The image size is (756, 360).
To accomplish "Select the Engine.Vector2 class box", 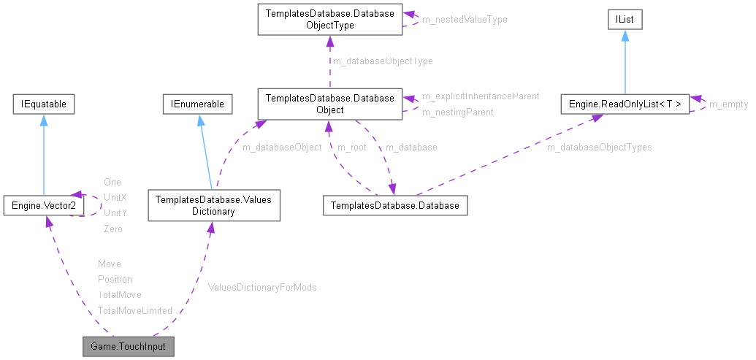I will click(x=43, y=206).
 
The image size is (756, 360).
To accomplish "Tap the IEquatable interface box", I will click(x=44, y=104).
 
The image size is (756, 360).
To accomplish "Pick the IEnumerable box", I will click(x=197, y=104).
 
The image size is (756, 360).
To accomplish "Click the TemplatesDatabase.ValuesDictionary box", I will click(x=213, y=205).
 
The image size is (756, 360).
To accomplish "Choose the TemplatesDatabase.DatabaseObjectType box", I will click(x=329, y=20).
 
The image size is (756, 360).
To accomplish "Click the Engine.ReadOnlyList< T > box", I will click(x=625, y=104).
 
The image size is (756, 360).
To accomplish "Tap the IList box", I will click(x=625, y=20).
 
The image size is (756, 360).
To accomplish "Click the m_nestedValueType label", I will click(x=465, y=20).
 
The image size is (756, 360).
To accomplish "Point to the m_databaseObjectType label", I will click(x=383, y=61).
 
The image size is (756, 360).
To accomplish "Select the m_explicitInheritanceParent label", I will click(x=481, y=96).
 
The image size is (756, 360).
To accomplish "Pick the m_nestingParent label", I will click(x=457, y=112).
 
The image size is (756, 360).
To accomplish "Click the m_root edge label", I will click(x=351, y=148).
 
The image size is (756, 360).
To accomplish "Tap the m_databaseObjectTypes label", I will click(x=600, y=148).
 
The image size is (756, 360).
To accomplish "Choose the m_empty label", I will click(x=729, y=104).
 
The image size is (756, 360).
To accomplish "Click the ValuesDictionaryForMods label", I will click(x=262, y=288).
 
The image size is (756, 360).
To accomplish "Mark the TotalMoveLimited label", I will click(x=135, y=310).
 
